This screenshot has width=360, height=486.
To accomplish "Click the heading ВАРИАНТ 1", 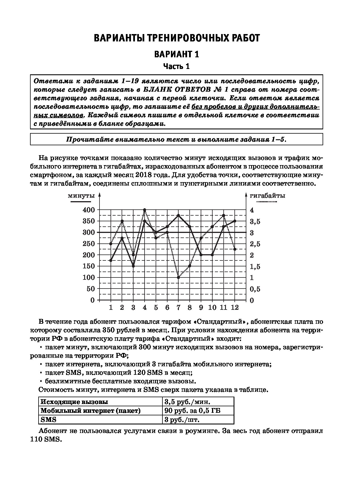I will point(176,54).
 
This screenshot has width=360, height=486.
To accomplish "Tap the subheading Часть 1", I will point(176,67).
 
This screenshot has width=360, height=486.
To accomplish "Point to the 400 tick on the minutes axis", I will point(88,210).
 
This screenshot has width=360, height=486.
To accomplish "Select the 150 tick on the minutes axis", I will point(88,266).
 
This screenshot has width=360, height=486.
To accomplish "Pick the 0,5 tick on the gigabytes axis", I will point(255,289).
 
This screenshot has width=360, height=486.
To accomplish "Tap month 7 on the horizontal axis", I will point(178,308).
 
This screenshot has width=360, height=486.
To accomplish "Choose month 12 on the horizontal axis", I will point(235,308).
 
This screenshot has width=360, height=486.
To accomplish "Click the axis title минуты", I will point(81,196).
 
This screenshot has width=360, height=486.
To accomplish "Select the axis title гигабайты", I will point(267,196).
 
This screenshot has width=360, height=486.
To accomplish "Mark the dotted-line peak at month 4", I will point(145,210).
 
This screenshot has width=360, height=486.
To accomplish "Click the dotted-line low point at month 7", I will point(178,277).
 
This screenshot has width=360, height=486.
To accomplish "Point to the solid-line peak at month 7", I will point(178,215).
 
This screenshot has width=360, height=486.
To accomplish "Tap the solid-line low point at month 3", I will point(133,266).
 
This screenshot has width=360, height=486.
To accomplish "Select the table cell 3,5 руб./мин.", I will point(187,402).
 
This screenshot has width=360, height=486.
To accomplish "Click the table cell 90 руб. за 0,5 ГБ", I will point(192,411).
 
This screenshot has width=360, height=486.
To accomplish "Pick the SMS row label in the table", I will point(48,420).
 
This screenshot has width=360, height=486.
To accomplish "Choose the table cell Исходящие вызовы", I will point(74,402).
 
